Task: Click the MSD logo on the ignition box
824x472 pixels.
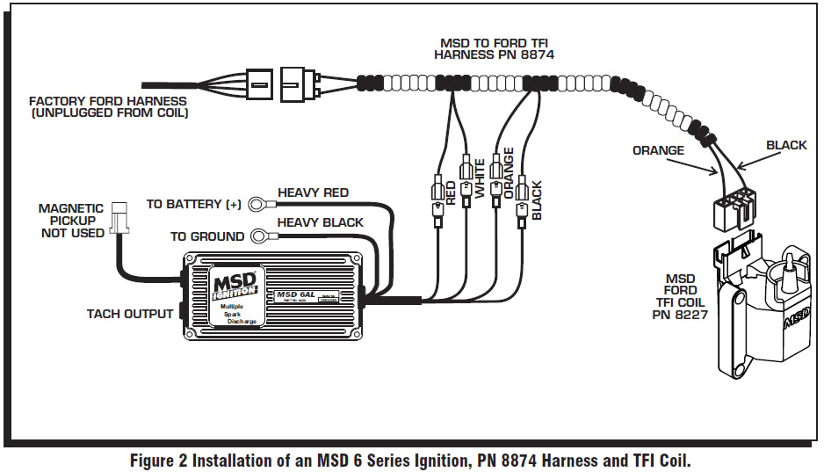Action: [x=234, y=286]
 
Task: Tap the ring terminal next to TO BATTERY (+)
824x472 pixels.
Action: [x=257, y=205]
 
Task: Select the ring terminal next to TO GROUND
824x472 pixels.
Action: [x=261, y=236]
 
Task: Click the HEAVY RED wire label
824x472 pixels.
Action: [x=313, y=192]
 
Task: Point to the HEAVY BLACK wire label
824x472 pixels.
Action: [x=320, y=222]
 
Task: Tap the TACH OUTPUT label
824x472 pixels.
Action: [x=129, y=314]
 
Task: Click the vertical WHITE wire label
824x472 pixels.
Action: [x=480, y=179]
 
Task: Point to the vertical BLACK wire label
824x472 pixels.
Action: [x=537, y=200]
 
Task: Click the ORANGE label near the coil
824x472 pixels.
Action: [x=658, y=150]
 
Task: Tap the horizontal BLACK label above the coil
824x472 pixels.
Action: [x=785, y=145]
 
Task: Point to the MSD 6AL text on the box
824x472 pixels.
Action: [x=294, y=294]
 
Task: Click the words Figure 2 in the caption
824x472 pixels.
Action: [x=158, y=460]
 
